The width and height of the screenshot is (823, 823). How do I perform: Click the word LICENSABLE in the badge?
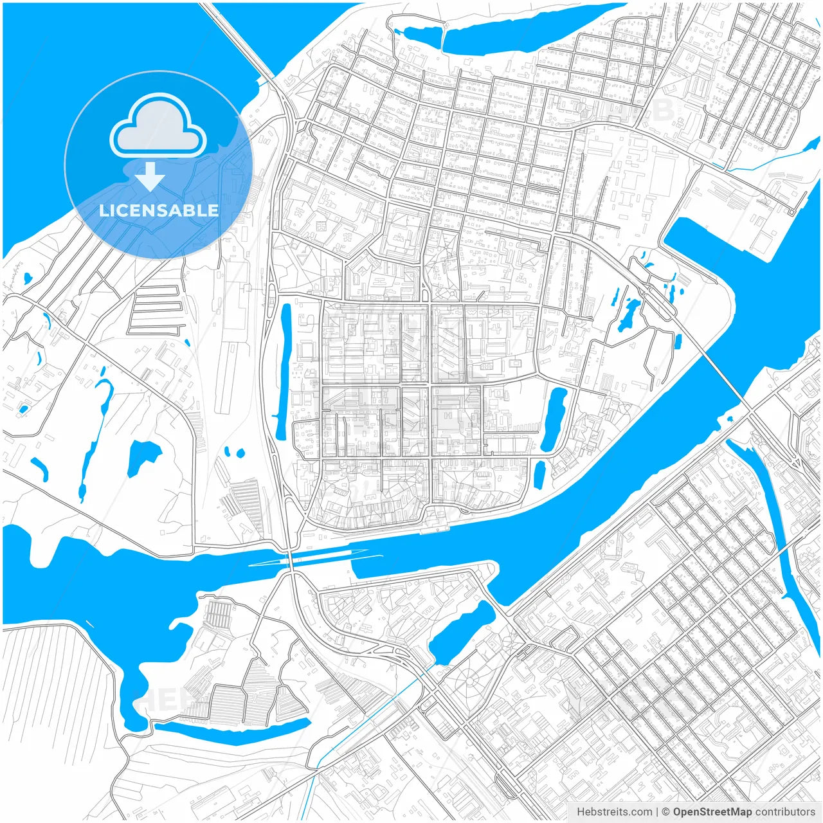pos(159,210)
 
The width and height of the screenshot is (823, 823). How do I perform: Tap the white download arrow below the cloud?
pos(150,177)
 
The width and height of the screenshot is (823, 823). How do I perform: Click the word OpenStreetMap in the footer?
pos(712,812)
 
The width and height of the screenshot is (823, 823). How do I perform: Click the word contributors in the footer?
pos(785,812)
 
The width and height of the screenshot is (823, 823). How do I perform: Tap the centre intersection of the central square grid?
pos(429,384)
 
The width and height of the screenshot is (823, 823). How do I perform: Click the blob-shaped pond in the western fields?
pos(143,457)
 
